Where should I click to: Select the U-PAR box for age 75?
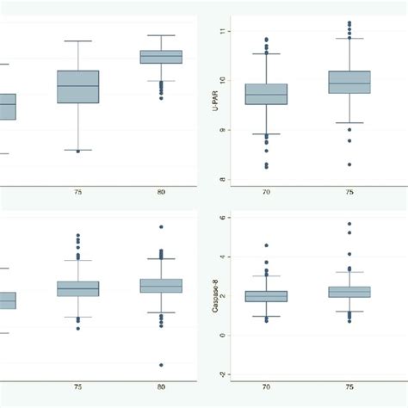(x=349, y=82)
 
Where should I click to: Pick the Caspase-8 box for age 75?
(x=349, y=292)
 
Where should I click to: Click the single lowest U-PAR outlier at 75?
(x=349, y=164)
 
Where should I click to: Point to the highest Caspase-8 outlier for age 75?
(x=349, y=225)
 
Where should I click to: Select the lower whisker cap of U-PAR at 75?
(x=349, y=123)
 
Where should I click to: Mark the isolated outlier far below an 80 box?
(x=161, y=365)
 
